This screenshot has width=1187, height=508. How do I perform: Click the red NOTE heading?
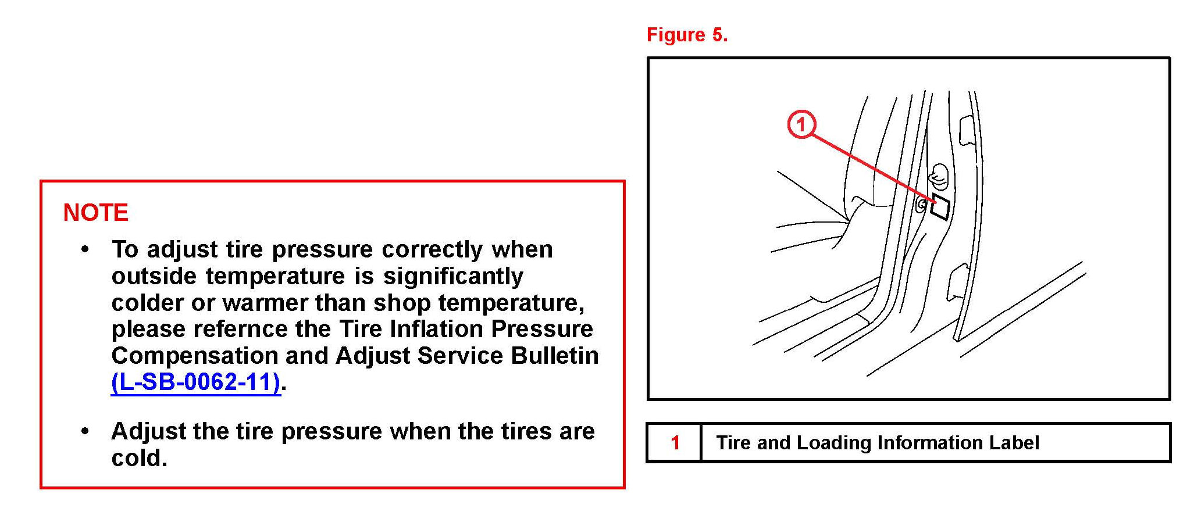[95, 213]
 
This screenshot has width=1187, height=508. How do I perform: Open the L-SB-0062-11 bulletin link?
[196, 382]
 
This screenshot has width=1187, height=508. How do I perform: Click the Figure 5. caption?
[687, 35]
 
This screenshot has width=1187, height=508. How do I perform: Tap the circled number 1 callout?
[801, 124]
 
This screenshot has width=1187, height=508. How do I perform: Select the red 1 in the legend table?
[675, 443]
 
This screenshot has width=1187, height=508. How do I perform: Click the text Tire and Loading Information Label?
[877, 443]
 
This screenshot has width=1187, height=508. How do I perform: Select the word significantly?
[453, 277]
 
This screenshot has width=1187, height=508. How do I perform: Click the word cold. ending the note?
[139, 458]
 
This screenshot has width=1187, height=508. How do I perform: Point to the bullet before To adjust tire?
[85, 250]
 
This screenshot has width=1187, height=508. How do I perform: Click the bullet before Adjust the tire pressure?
[85, 432]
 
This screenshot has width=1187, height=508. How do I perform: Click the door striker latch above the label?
[938, 177]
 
